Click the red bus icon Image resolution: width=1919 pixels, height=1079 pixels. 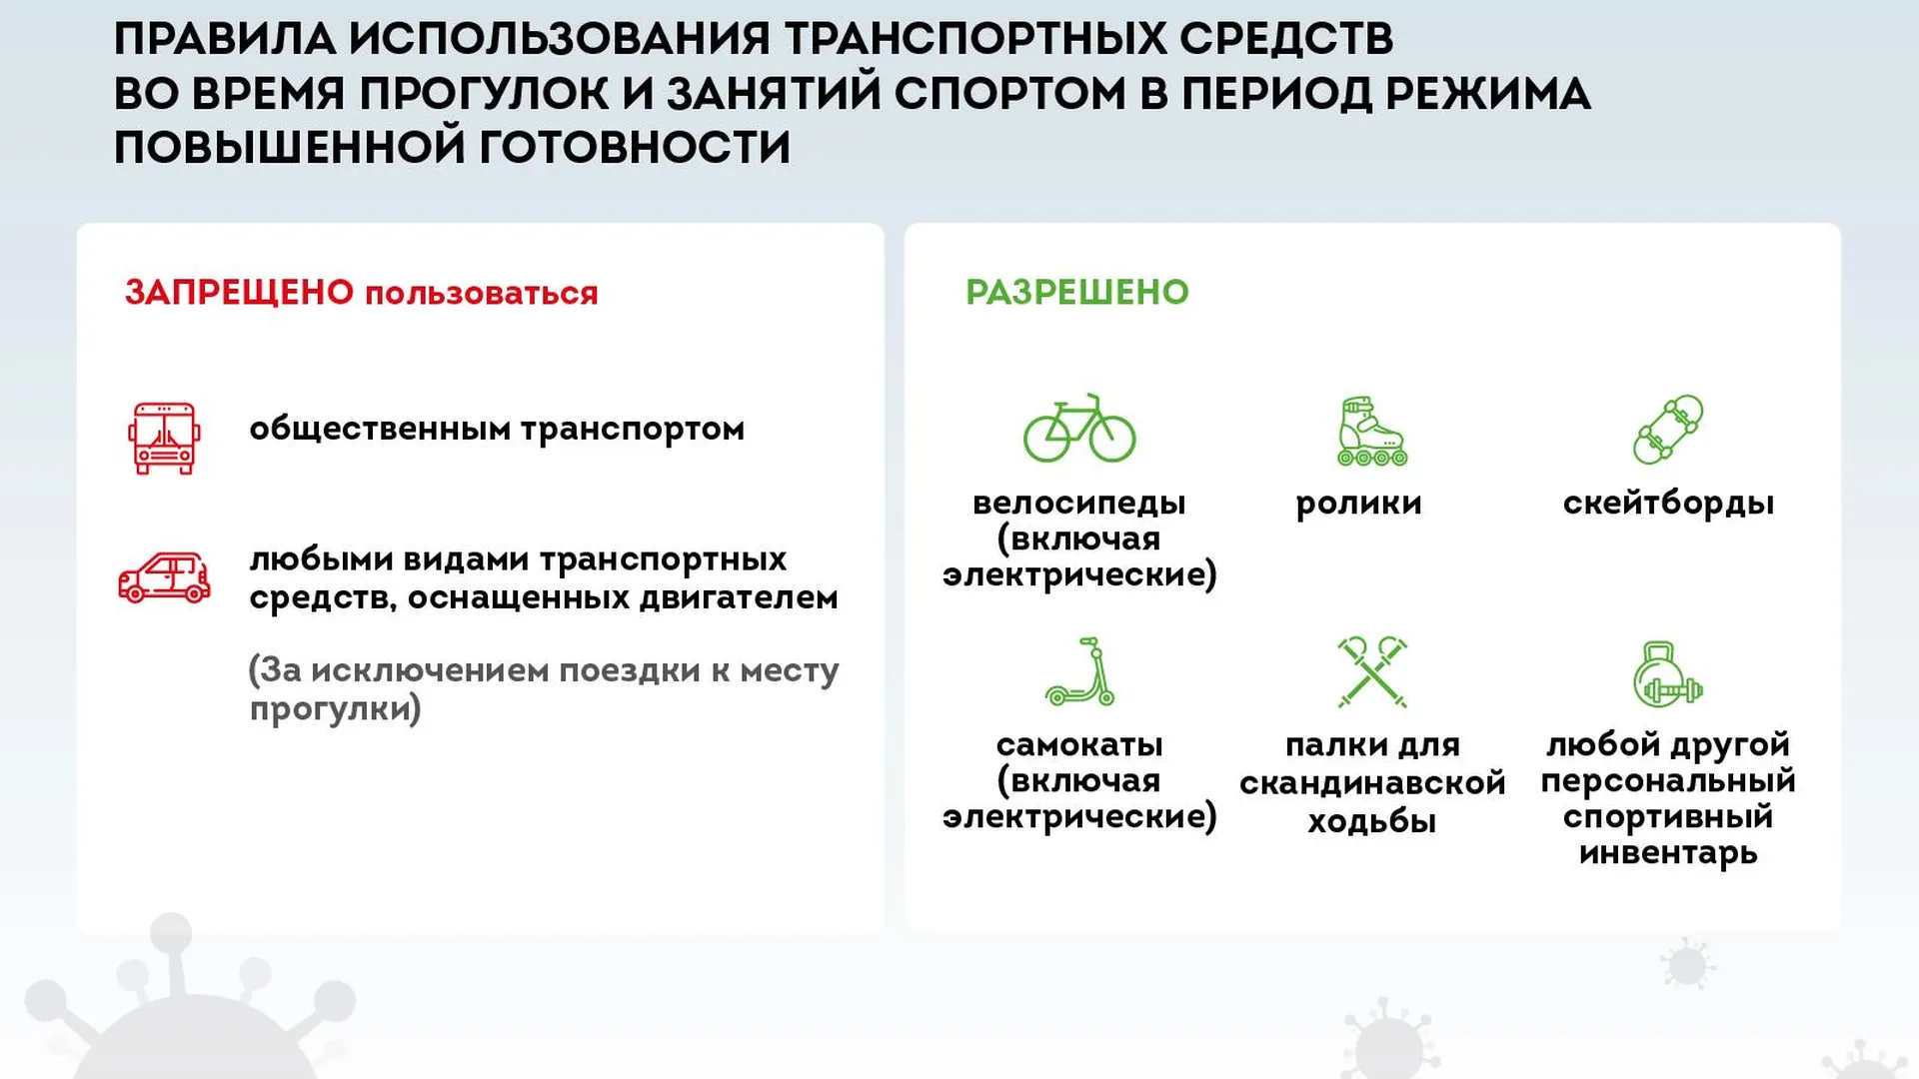[164, 438]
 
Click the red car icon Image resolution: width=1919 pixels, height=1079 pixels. [164, 577]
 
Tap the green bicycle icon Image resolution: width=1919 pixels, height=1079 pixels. [1079, 429]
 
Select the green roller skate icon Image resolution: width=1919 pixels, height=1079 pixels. [1371, 432]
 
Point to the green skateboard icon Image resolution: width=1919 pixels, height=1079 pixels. [1668, 430]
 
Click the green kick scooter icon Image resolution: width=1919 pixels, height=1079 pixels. [1079, 671]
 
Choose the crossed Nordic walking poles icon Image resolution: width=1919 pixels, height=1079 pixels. [1372, 672]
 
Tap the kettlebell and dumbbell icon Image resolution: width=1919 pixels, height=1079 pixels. [1667, 673]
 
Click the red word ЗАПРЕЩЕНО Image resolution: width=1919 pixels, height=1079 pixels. [240, 293]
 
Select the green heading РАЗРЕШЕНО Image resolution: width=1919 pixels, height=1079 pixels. [1077, 292]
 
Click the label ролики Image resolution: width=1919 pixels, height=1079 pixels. [1358, 504]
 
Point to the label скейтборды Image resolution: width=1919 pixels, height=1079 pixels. [1668, 503]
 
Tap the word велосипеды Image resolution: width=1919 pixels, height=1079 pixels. [1079, 503]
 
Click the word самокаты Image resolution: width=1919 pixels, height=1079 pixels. [1079, 745]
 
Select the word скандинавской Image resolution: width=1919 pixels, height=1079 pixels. [1372, 782]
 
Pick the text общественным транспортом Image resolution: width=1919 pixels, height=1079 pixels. [497, 430]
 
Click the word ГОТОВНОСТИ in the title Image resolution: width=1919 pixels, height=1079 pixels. [636, 147]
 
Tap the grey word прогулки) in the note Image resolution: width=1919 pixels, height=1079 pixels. [336, 709]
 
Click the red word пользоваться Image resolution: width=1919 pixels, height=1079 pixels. [482, 294]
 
